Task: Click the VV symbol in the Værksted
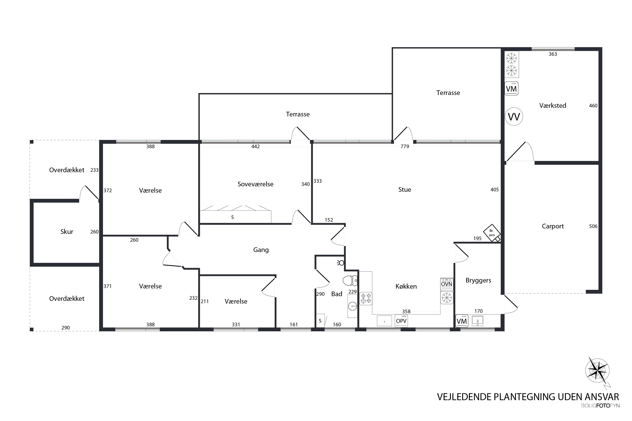coord(514,117)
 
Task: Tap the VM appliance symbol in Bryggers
coord(462,321)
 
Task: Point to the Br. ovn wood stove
coord(492,233)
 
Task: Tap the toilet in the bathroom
coord(350,281)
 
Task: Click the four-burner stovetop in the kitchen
coord(366,298)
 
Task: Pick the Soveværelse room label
coord(255,184)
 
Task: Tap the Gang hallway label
coord(261,250)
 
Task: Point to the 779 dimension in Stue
coord(405,147)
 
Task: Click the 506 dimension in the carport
coord(593,226)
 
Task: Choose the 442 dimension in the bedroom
coord(255,147)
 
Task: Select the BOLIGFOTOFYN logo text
coord(600,406)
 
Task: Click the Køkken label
coord(406,286)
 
